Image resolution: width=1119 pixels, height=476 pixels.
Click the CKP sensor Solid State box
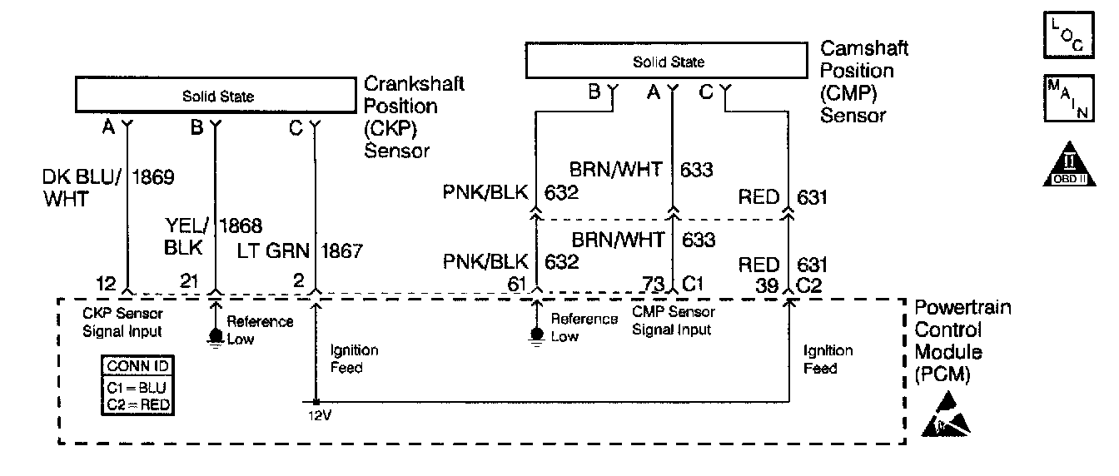click(218, 96)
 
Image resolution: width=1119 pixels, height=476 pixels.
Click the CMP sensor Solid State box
click(667, 62)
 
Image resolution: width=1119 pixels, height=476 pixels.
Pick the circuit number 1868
click(241, 225)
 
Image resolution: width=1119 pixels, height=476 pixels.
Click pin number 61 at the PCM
click(517, 285)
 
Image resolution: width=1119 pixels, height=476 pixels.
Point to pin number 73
click(654, 285)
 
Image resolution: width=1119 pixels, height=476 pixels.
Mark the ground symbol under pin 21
click(216, 338)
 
